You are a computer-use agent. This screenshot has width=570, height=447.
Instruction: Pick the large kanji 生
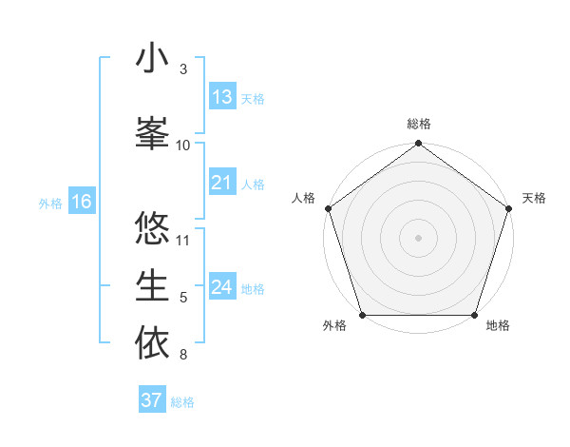[152, 285]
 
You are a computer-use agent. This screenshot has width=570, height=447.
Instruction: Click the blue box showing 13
[222, 97]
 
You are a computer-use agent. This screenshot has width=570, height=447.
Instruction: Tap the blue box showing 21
[222, 183]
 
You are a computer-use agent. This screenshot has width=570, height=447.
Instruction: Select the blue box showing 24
[222, 287]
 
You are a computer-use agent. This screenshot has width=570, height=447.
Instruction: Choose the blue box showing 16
[82, 202]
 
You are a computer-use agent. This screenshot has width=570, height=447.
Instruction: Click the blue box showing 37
[152, 400]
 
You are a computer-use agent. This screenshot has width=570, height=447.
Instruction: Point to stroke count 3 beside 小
[183, 69]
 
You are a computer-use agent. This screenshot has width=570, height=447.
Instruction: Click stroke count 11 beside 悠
[184, 240]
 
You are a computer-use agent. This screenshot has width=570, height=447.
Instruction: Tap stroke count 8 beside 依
[183, 356]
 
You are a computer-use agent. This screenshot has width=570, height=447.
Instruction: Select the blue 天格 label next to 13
[253, 98]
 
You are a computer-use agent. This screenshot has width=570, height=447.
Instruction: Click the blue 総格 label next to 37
[182, 401]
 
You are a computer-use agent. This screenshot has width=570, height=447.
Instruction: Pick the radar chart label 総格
[419, 124]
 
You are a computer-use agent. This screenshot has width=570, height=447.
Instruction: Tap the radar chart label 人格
[304, 198]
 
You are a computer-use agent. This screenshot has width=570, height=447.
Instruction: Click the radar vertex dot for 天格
[510, 208]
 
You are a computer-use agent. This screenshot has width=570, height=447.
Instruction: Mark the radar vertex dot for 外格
[362, 315]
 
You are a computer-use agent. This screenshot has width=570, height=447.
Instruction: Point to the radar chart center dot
[419, 237]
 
